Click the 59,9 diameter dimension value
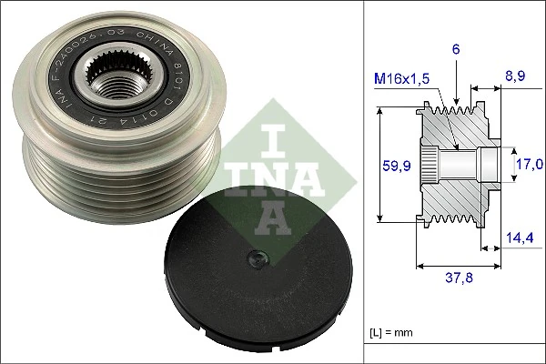pos(390,166)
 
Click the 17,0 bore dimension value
pos(530,164)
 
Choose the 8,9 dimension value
pos(515,79)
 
